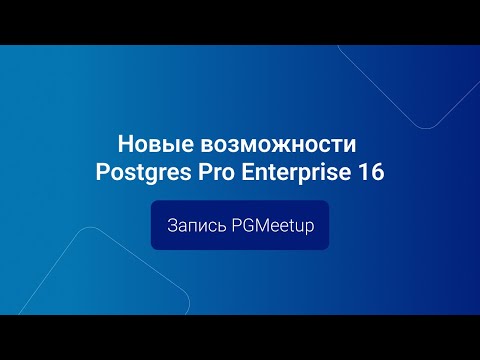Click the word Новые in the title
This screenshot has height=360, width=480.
click(x=148, y=142)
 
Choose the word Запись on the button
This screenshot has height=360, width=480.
click(x=197, y=227)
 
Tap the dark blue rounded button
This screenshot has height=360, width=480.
click(x=240, y=226)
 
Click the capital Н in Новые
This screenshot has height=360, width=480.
click(x=124, y=142)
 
